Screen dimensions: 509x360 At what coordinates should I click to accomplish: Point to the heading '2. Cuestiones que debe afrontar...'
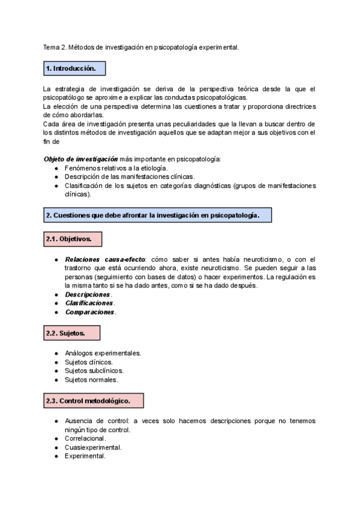[157, 215]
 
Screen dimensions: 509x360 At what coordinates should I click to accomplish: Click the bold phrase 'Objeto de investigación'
[80, 159]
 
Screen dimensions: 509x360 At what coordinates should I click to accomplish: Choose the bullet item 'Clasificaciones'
[89, 304]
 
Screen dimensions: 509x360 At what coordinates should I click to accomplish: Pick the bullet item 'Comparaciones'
[90, 312]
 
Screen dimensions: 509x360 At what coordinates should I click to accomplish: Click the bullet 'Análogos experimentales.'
[103, 353]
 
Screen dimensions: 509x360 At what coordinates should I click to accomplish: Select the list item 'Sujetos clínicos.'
[88, 362]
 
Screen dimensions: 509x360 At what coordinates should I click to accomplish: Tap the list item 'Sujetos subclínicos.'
[94, 371]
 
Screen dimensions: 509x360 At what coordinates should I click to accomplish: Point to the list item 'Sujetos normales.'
[91, 380]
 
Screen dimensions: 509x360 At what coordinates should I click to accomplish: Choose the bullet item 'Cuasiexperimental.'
[93, 447]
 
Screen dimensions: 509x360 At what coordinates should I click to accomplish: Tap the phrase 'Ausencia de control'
[97, 421]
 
